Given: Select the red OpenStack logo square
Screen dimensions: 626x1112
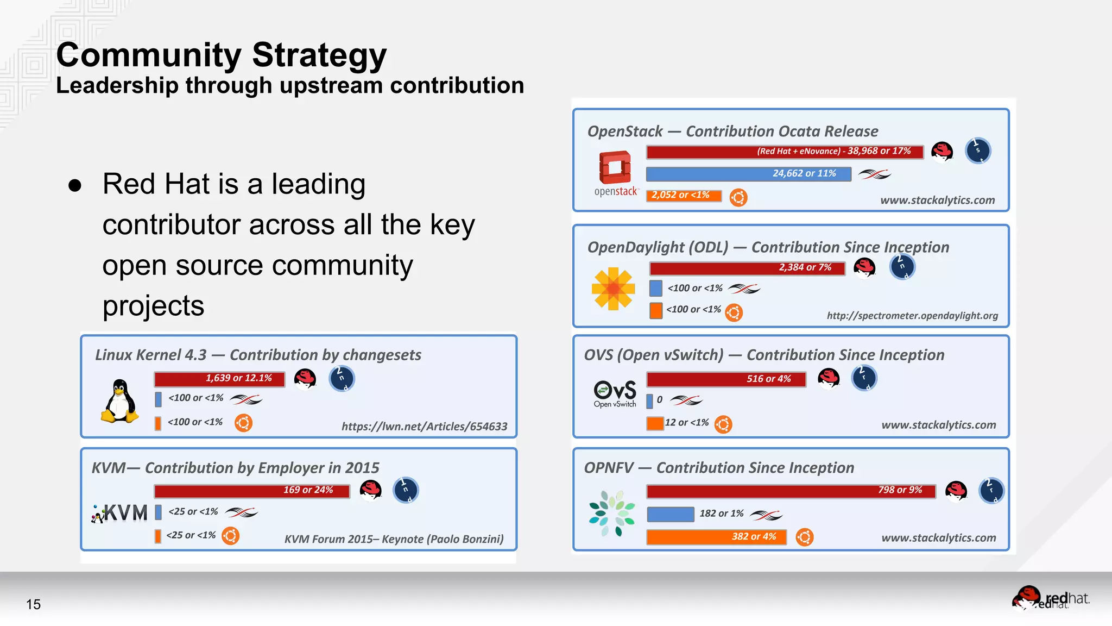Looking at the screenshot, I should pyautogui.click(x=615, y=167).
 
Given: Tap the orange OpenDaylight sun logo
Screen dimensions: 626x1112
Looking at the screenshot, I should pyautogui.click(x=614, y=289).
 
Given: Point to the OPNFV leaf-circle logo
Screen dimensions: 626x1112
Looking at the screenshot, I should pyautogui.click(x=612, y=513).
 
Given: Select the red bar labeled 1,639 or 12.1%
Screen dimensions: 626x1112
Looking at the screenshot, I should pyautogui.click(x=219, y=379).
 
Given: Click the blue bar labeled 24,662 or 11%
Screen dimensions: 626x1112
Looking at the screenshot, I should pyautogui.click(x=748, y=174).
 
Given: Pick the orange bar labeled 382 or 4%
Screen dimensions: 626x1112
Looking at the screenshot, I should pyautogui.click(x=716, y=537).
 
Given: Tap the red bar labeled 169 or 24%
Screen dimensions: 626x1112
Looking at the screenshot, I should pyautogui.click(x=252, y=491).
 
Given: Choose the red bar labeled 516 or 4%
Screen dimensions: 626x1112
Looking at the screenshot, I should pyautogui.click(x=726, y=379).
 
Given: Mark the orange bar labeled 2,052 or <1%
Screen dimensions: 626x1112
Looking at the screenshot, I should pyautogui.click(x=684, y=196).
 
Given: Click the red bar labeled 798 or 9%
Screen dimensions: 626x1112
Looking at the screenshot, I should pyautogui.click(x=791, y=491).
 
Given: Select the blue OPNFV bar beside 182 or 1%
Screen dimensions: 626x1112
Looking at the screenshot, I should pyautogui.click(x=671, y=514).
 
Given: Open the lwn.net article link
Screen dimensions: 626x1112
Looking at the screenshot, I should pyautogui.click(x=424, y=427).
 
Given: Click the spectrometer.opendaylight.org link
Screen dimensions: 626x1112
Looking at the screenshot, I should pyautogui.click(x=912, y=316).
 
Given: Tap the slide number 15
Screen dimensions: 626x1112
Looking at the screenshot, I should pyautogui.click(x=33, y=604).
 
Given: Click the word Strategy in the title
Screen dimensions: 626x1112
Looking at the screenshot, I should pyautogui.click(x=319, y=55).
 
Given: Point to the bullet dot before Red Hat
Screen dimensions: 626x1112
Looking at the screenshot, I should pyautogui.click(x=75, y=185).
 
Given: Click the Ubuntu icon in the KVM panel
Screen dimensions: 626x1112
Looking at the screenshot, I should pyautogui.click(x=231, y=536).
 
